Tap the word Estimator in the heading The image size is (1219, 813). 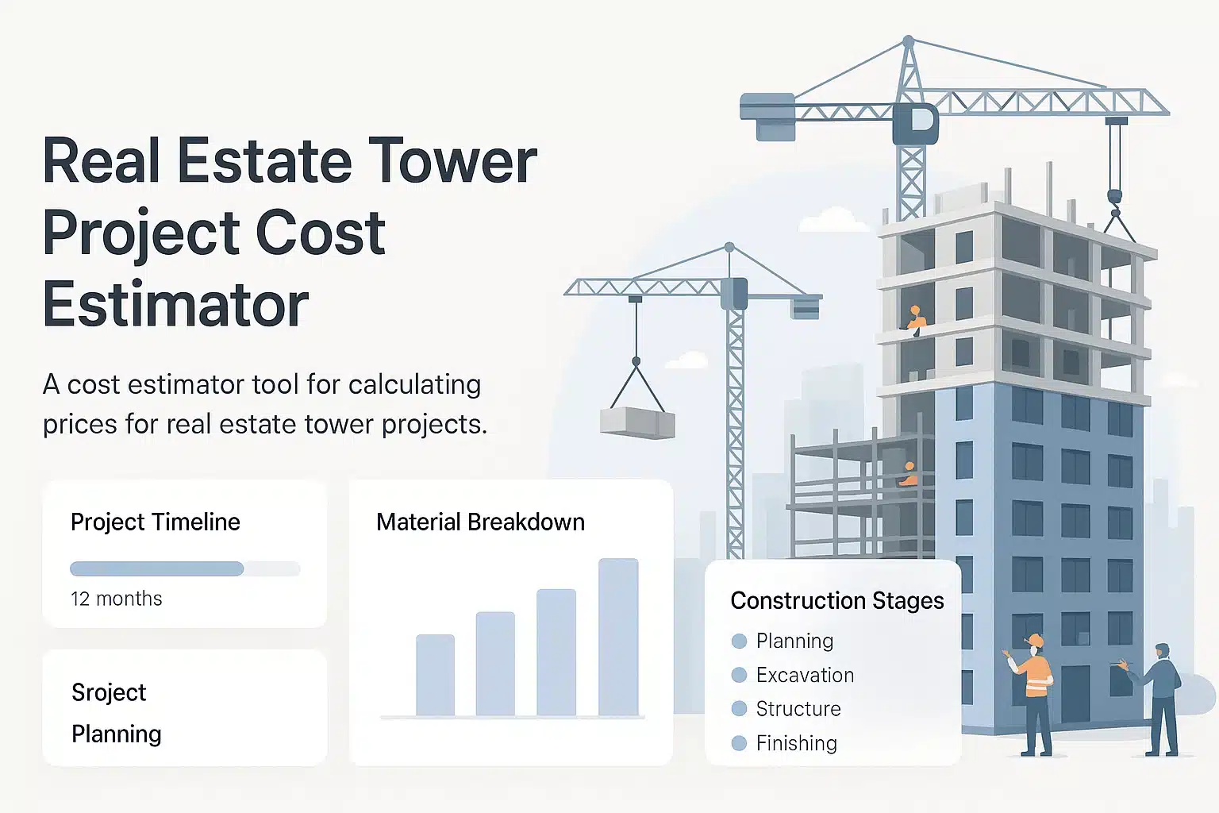pyautogui.click(x=175, y=302)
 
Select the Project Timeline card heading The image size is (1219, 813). pyautogui.click(x=156, y=522)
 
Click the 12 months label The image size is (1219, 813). pyautogui.click(x=117, y=599)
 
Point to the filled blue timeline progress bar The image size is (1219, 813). pyautogui.click(x=156, y=568)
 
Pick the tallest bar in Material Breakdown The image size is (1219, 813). pyautogui.click(x=618, y=637)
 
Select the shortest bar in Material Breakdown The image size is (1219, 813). pyautogui.click(x=436, y=675)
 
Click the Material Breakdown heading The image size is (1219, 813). pyautogui.click(x=480, y=522)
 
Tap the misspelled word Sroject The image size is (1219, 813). pyautogui.click(x=109, y=693)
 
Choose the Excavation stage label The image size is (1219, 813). pyautogui.click(x=805, y=675)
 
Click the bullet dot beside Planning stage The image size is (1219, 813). pyautogui.click(x=739, y=641)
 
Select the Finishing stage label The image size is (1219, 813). pyautogui.click(x=797, y=743)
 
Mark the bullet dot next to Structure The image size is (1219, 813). pyautogui.click(x=739, y=708)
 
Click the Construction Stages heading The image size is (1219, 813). pyautogui.click(x=837, y=601)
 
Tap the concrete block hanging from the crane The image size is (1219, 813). pyautogui.click(x=637, y=422)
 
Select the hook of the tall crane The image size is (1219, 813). pyautogui.click(x=1114, y=198)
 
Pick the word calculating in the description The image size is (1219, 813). pyautogui.click(x=415, y=386)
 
